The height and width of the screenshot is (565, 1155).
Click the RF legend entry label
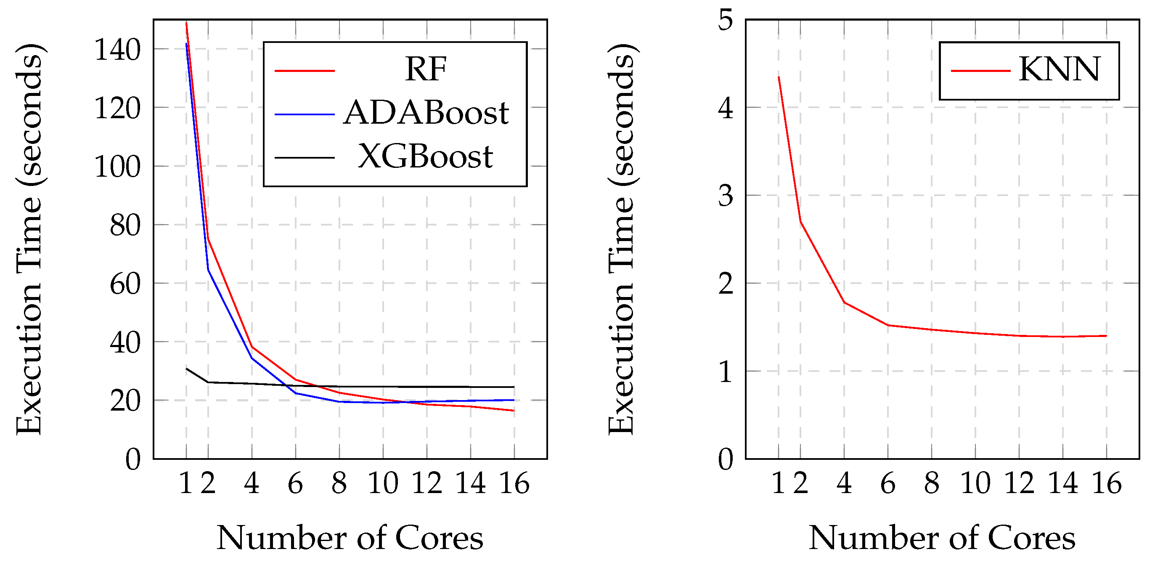426,69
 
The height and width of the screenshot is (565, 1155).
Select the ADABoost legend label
426,113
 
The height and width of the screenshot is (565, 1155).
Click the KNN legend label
1059,69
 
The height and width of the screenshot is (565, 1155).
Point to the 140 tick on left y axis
117,50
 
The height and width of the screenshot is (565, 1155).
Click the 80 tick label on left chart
125,225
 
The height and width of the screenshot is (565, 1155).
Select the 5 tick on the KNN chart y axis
726,20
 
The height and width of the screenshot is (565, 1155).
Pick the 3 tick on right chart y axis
726,196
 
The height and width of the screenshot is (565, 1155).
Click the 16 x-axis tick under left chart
514,484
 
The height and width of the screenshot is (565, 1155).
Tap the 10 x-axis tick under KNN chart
975,484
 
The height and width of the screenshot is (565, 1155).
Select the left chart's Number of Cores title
350,538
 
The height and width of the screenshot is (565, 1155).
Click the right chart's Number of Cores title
942,538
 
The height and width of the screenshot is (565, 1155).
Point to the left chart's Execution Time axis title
29,239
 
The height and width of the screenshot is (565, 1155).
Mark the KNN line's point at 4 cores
844,302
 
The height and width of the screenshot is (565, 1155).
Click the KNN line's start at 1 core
779,77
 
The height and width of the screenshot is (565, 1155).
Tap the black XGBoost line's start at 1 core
186,369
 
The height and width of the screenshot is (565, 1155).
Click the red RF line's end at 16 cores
514,411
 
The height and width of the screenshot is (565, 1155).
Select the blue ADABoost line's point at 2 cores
208,270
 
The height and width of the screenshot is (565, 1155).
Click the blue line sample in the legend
305,114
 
